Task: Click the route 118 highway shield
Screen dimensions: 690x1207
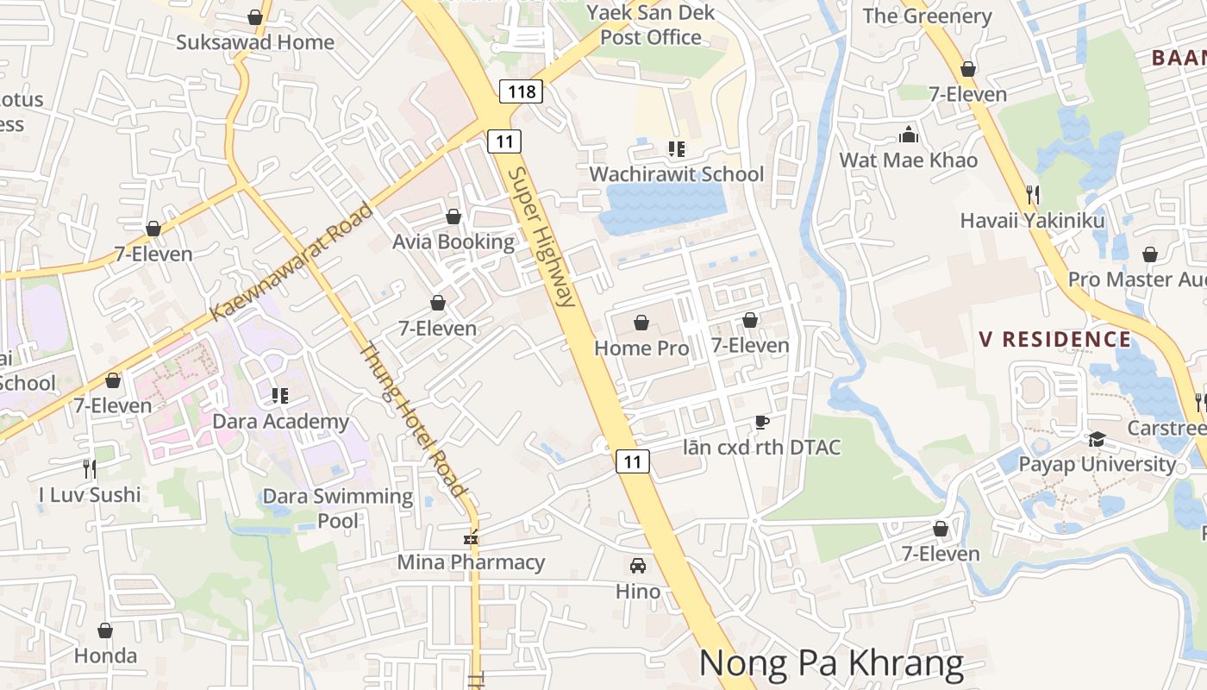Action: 522,91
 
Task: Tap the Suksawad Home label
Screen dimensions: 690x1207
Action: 255,41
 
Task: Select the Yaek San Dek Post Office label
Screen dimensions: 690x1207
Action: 651,25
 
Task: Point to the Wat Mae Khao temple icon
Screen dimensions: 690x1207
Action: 909,135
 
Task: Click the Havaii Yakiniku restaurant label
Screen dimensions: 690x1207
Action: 1032,221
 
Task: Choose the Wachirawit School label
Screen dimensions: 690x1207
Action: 676,174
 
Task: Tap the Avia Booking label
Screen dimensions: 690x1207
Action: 453,241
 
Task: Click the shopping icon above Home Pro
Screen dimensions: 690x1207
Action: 641,323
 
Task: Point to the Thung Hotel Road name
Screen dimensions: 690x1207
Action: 412,420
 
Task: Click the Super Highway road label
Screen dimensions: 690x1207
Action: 541,237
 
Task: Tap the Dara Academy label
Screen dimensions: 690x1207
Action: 280,422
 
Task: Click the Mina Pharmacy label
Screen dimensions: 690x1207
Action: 471,562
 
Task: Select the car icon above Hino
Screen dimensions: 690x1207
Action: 638,566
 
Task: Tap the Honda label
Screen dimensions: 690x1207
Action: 105,655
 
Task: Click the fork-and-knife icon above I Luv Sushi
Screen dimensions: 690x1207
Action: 90,469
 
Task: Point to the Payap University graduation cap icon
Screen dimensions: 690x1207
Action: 1097,440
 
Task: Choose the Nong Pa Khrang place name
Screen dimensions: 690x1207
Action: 831,663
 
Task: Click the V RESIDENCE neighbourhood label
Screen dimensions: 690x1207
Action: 1054,339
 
